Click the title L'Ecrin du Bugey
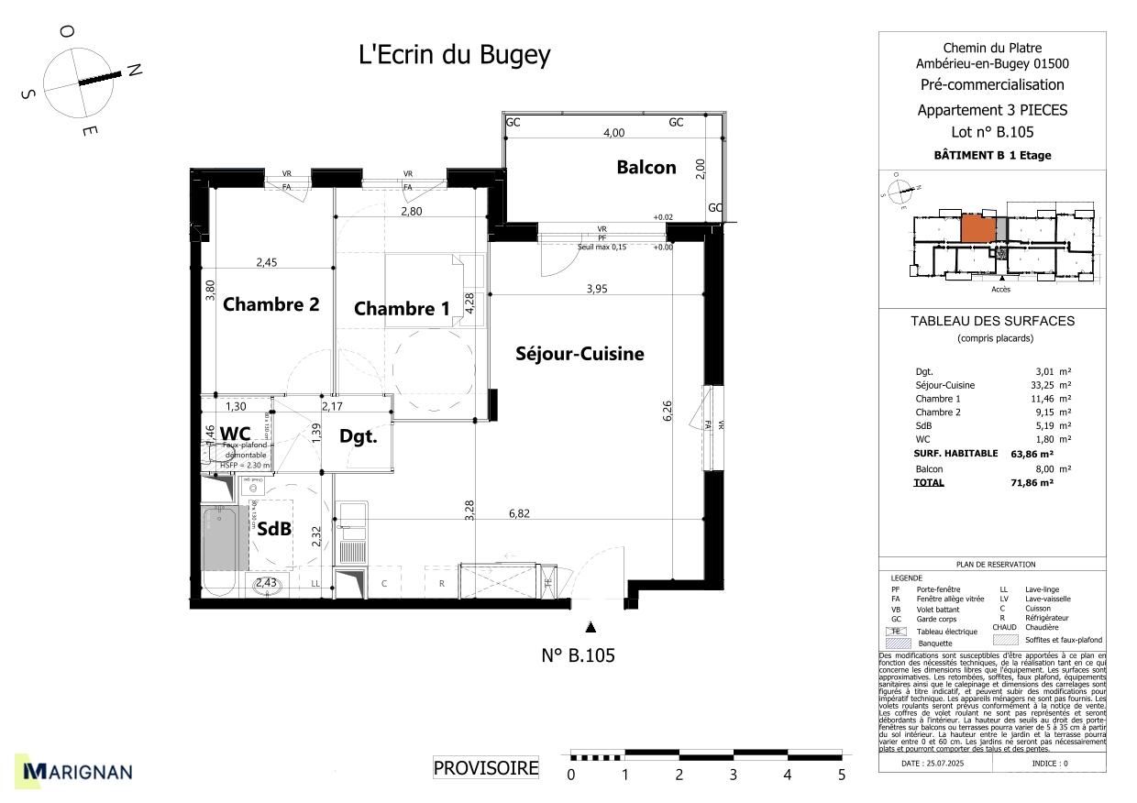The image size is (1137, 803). click(454, 55)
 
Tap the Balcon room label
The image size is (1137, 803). click(646, 167)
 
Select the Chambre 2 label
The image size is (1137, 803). click(270, 304)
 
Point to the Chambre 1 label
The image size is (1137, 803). click(402, 309)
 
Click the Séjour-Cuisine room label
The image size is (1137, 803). click(580, 354)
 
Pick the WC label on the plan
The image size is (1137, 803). click(235, 433)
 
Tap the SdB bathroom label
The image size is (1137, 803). click(274, 529)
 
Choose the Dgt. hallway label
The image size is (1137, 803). click(358, 436)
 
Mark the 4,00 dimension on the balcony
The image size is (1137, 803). click(613, 132)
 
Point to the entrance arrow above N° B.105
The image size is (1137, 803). click(591, 627)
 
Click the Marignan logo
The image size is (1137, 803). click(78, 772)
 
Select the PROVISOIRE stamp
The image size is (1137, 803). click(486, 768)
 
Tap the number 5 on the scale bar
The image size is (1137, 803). click(841, 775)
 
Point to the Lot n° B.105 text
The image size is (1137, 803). click(992, 132)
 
